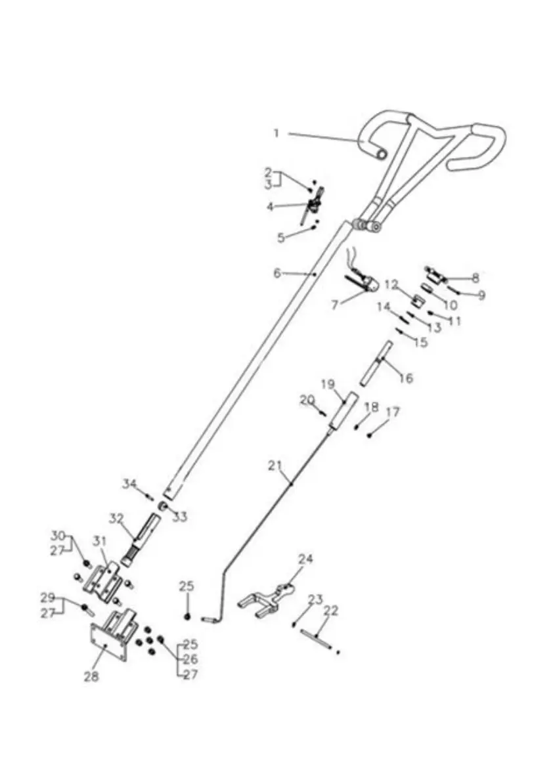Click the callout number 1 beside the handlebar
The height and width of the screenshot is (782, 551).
point(276,133)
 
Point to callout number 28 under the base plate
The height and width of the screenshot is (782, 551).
point(91,676)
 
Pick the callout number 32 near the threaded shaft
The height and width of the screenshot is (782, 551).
point(116,518)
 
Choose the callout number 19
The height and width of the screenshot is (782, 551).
point(328,383)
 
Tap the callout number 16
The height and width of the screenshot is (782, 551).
point(406,378)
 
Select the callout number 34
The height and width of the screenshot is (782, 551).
point(130,485)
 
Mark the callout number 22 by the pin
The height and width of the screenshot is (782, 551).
point(331,610)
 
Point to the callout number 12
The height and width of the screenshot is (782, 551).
point(391,285)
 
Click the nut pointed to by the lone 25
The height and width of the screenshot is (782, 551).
point(188,616)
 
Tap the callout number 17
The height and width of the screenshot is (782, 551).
point(393,412)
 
